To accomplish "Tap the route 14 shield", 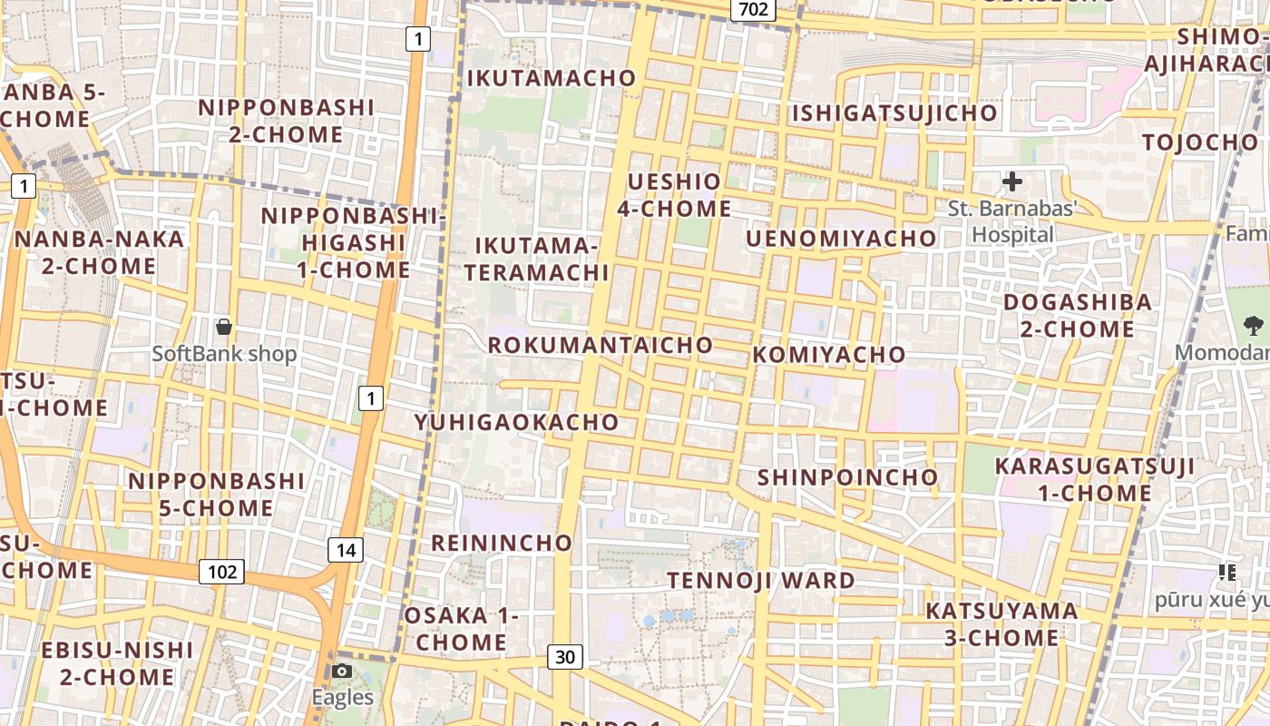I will tap(346, 550).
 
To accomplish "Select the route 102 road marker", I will tap(221, 572).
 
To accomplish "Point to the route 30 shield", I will tap(564, 657).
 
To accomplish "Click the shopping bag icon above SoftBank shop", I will tap(224, 327).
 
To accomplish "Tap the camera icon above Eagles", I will tap(342, 672).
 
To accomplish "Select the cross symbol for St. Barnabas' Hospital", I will tap(1011, 181).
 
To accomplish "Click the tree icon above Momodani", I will tap(1253, 325).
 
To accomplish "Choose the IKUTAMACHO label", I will tap(552, 79).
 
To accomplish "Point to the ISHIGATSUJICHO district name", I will tap(894, 113).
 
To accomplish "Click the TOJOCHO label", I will tap(1200, 142).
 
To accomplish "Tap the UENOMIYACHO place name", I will tap(841, 239).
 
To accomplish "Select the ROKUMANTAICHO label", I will tap(601, 346).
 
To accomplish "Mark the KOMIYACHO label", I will tap(829, 355).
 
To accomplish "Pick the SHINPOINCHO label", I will tap(847, 477).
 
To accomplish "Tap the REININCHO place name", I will tap(502, 544).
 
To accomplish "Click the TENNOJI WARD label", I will tap(761, 581).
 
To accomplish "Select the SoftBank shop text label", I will tap(224, 354).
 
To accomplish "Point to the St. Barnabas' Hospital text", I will tap(1012, 221).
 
